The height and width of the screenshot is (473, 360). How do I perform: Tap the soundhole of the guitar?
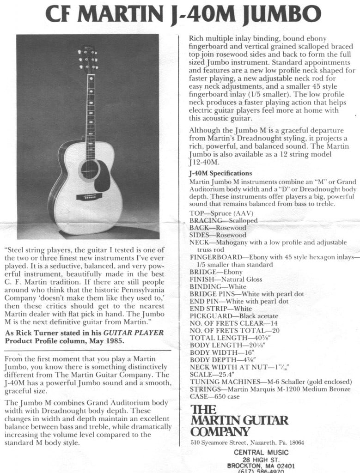click(x=89, y=170)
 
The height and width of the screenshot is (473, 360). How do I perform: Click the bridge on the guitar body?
click(x=92, y=197)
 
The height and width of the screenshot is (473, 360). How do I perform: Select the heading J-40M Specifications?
click(x=220, y=173)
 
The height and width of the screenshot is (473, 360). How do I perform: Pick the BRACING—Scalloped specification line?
click(x=224, y=221)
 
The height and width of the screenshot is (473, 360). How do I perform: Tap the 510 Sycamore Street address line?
click(x=247, y=443)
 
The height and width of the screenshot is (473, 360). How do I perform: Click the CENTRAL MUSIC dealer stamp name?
click(x=261, y=452)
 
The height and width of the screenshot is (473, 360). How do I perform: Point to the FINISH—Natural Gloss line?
click(x=226, y=279)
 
